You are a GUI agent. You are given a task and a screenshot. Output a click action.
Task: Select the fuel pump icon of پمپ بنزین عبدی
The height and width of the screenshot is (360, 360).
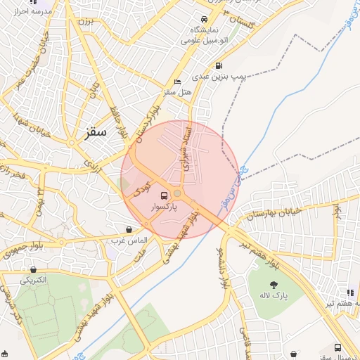[214, 65]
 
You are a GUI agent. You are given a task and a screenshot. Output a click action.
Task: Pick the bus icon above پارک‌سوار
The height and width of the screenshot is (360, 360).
[165, 195]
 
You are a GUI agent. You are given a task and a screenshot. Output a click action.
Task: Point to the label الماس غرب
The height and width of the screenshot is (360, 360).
[127, 240]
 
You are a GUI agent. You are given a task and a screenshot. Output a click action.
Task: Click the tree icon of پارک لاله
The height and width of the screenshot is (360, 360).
[274, 285]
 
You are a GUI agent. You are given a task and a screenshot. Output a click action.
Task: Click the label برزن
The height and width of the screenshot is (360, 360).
[85, 22]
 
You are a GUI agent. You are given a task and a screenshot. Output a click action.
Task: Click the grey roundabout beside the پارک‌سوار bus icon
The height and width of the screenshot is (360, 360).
[178, 193]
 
